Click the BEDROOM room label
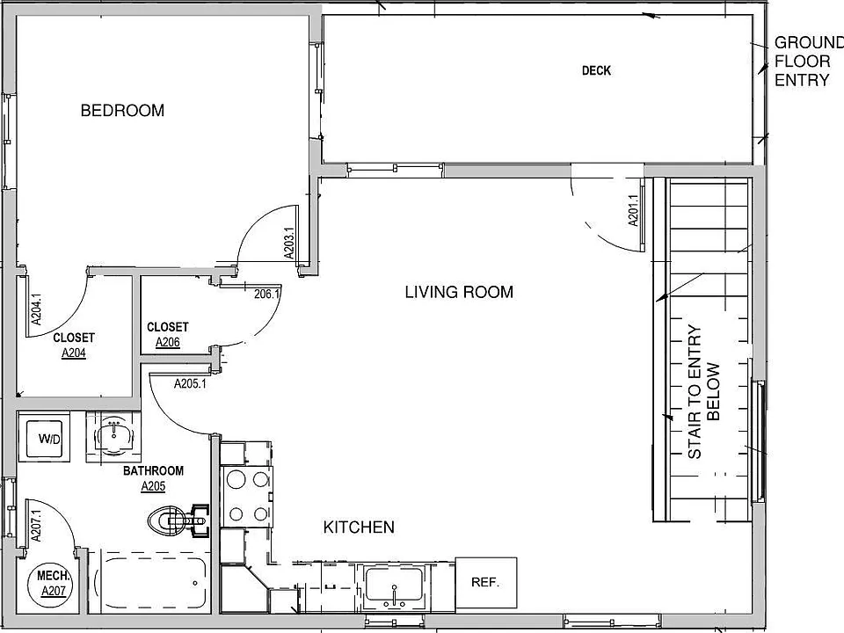click(122, 111)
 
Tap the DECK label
click(596, 70)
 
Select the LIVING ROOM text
click(459, 292)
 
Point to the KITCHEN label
click(359, 527)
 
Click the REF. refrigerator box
click(486, 582)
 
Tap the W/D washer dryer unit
click(44, 437)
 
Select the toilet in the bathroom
click(178, 520)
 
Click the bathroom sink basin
click(113, 434)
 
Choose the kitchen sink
click(394, 586)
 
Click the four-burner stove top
click(248, 497)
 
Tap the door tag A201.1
click(633, 210)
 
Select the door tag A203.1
click(289, 244)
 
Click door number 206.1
click(267, 295)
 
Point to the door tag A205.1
click(190, 384)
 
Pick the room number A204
click(74, 353)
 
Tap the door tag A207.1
click(36, 526)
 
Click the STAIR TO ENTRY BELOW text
click(703, 391)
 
